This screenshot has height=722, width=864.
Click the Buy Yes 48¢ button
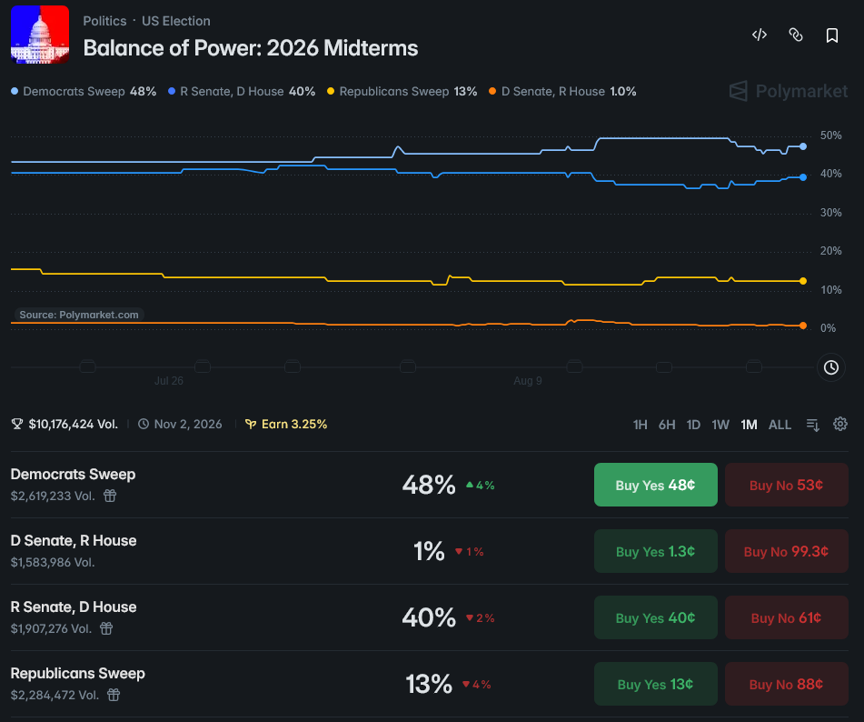[656, 485]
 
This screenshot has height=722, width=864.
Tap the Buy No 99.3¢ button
[786, 551]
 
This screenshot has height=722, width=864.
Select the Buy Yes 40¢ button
[656, 617]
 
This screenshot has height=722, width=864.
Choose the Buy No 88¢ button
[786, 684]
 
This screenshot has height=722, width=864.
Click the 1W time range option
[720, 425]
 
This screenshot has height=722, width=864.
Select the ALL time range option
[780, 425]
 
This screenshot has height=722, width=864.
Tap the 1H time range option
[640, 425]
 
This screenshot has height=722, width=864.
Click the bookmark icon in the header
[832, 35]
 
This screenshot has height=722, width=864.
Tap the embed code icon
[760, 35]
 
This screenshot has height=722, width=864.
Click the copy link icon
[796, 35]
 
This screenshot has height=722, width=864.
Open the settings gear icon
[839, 424]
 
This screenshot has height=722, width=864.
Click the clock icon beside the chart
[831, 367]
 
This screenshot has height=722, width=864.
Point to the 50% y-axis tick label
[831, 135]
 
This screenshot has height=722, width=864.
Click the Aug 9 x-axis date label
[527, 381]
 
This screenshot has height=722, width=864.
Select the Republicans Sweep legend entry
[402, 92]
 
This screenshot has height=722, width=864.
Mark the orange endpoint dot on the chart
[803, 326]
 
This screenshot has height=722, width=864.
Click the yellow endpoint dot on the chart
[803, 281]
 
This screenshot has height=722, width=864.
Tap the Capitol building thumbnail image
[40, 35]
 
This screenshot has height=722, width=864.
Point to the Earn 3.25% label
[286, 424]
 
